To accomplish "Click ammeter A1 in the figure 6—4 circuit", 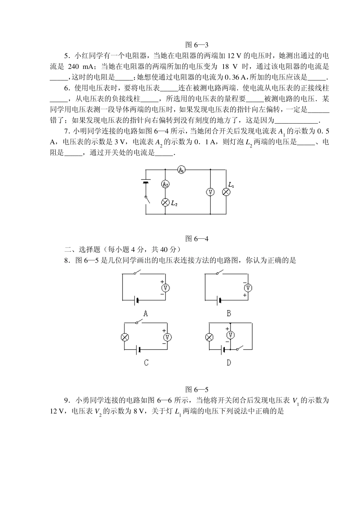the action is click(x=182, y=170).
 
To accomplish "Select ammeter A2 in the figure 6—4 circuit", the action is click(x=165, y=184).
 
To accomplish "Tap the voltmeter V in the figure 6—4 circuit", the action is click(x=210, y=192).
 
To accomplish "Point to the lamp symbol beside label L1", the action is click(x=226, y=192).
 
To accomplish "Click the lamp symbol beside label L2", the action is click(x=165, y=202).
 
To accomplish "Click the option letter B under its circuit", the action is click(x=229, y=313).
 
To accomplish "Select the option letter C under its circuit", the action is click(x=146, y=363).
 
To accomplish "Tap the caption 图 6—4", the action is click(x=197, y=239).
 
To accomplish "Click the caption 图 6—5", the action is click(x=197, y=389).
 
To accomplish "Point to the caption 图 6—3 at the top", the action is click(x=197, y=45).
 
